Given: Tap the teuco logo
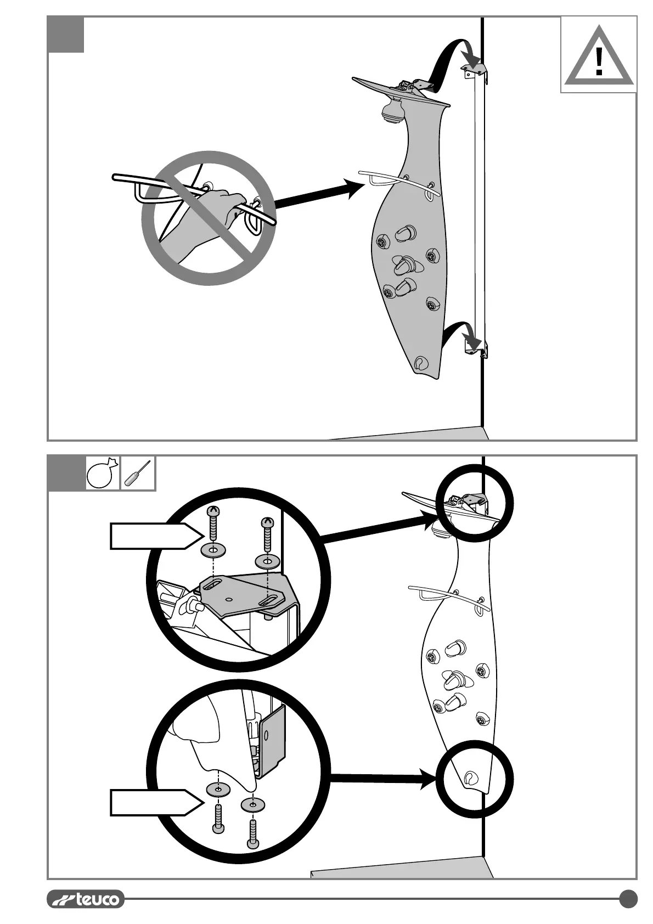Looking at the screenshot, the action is coord(86,899).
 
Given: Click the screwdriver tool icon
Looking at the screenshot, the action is coord(138,472).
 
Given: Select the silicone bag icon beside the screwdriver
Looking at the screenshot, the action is coord(103,473).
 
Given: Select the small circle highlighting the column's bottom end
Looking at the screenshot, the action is coord(475,779).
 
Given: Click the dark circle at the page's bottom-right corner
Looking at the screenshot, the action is coord(628,899).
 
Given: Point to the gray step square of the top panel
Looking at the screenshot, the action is coord(66,35).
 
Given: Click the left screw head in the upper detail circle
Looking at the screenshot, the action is coord(213,512).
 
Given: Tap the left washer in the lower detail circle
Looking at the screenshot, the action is coord(218,790).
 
